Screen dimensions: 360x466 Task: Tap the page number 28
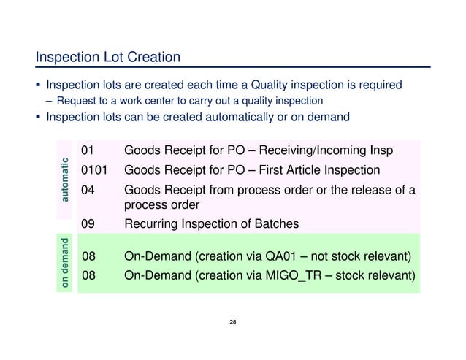coord(232,322)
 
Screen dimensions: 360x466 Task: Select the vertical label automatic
coord(66,180)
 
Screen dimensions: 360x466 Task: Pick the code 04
coord(88,191)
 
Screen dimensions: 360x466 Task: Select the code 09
coord(88,223)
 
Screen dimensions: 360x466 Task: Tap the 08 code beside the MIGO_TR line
coord(88,276)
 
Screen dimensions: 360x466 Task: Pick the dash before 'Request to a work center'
coord(49,101)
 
